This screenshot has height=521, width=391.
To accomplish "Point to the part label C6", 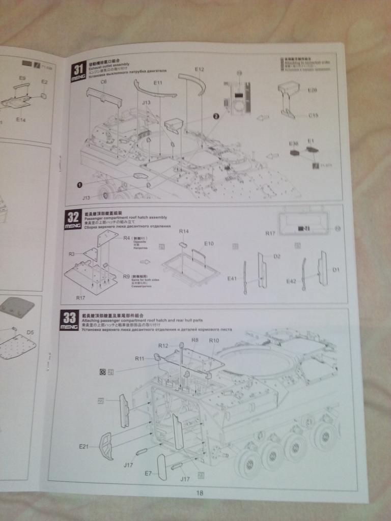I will coord(103,82).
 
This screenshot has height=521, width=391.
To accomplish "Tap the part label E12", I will coord(199,69).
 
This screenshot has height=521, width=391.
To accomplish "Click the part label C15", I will coord(313,115).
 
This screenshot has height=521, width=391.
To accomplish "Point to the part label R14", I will coord(184,231).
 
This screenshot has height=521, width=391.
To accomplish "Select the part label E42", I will coord(291,281).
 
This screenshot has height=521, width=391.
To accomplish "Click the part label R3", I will coord(72,253).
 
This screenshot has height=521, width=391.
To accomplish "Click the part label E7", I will coord(148,473).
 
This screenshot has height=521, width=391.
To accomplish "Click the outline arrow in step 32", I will coord(145,263).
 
